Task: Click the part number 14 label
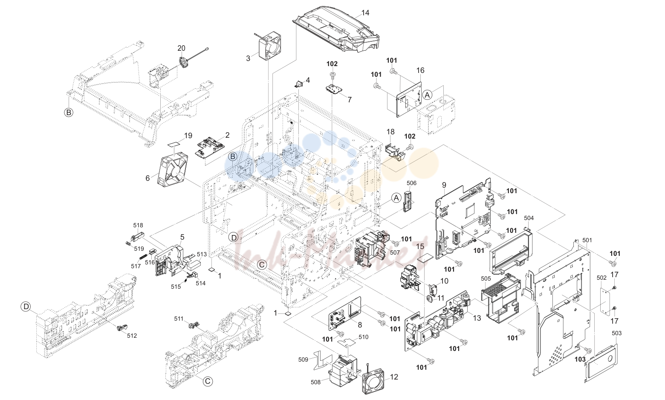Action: coord(365,13)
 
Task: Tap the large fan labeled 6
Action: coord(173,169)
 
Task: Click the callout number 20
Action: coord(182,48)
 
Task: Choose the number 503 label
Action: coord(616,333)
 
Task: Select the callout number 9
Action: coord(444,185)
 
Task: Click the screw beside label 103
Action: coord(588,351)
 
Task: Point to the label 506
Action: coord(411,183)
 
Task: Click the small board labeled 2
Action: coord(211,147)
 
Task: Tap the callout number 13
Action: coord(477,318)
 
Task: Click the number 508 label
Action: coord(315,382)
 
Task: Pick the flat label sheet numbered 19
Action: coord(174,143)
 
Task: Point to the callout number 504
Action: coord(529,218)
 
